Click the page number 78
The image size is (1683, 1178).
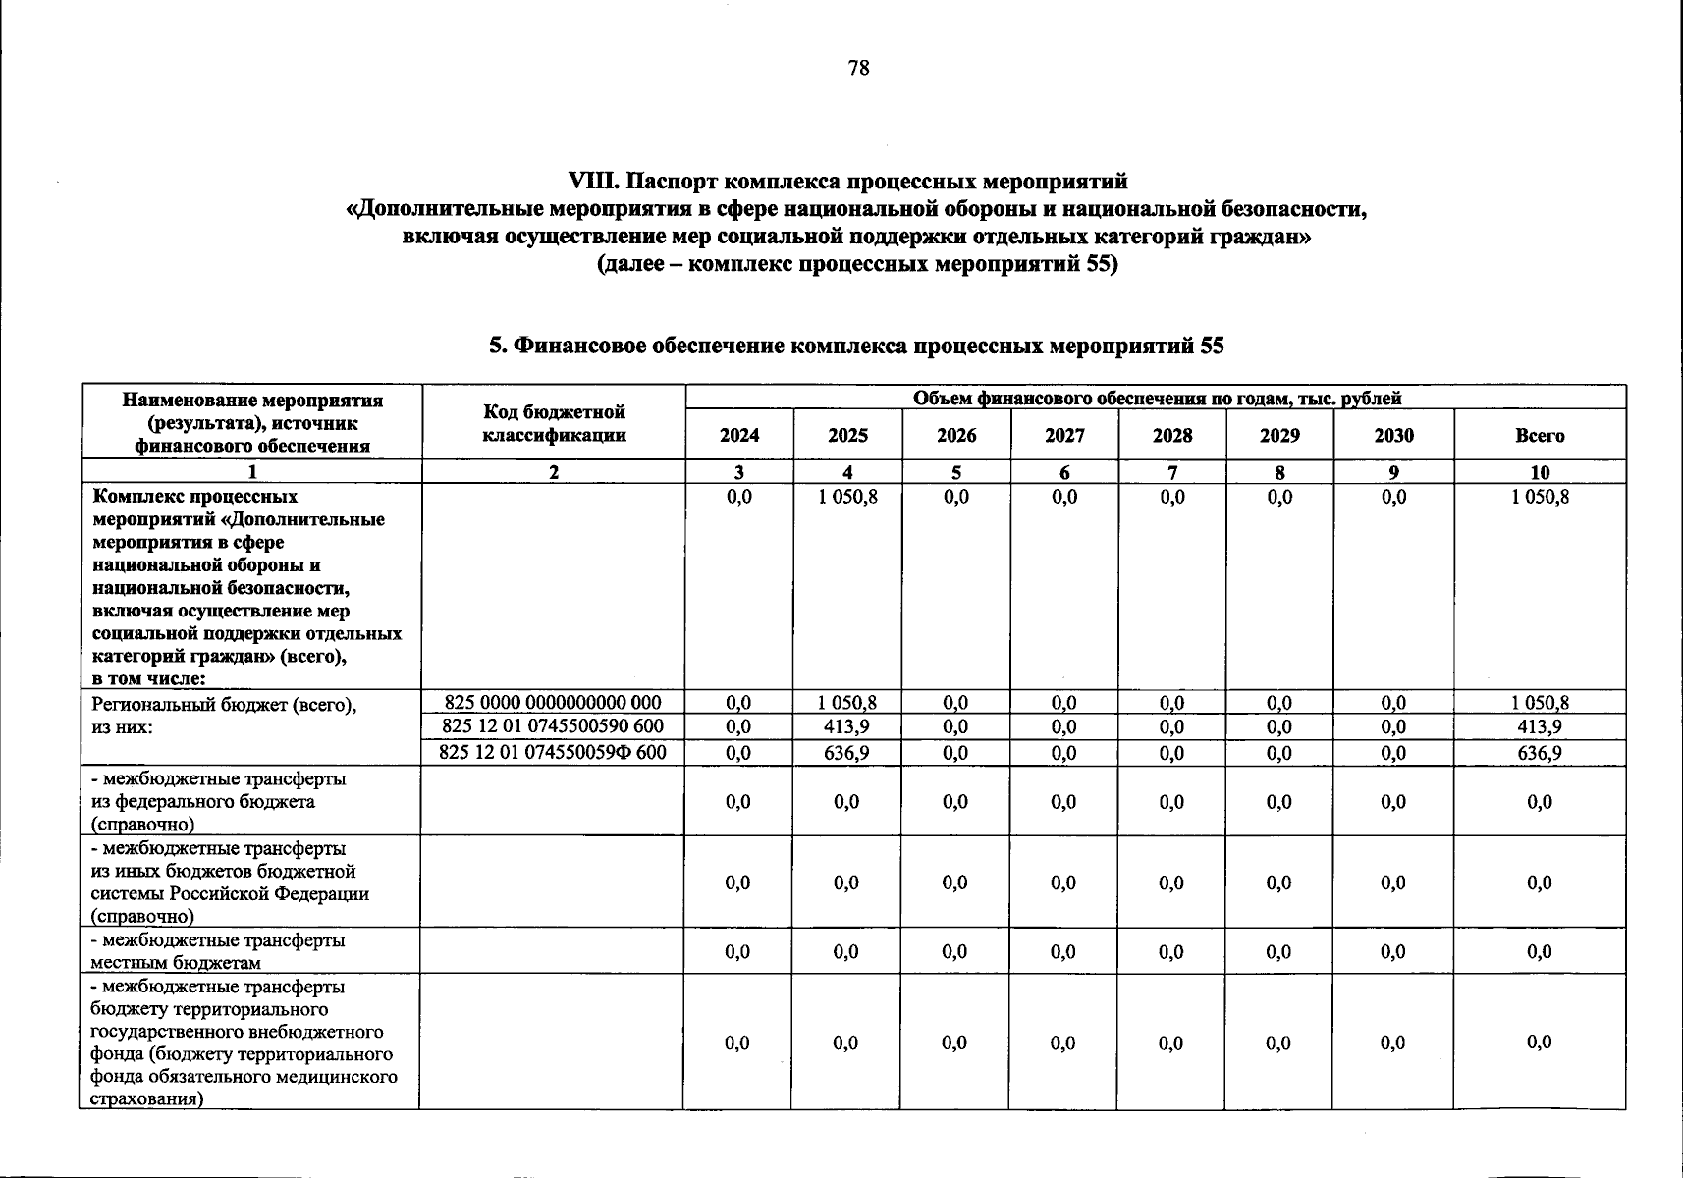click(x=857, y=68)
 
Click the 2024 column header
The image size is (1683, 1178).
click(x=738, y=435)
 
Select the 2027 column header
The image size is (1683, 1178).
click(x=1064, y=435)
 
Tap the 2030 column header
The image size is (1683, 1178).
click(x=1393, y=435)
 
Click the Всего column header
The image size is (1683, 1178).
click(x=1539, y=435)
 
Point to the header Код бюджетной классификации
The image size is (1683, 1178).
click(x=554, y=423)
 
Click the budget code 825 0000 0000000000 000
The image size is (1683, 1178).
click(x=553, y=703)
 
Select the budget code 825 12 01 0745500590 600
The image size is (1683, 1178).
click(x=553, y=726)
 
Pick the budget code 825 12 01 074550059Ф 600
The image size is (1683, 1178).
click(x=553, y=753)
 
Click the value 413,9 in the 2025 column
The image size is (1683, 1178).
click(x=846, y=727)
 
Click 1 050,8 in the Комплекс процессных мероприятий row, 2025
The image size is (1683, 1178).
click(x=846, y=498)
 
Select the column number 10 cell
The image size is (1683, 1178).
click(x=1539, y=472)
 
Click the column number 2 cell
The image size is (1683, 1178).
click(x=554, y=472)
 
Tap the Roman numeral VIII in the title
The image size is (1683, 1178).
click(x=594, y=182)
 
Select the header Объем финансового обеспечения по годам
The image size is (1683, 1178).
click(x=1156, y=398)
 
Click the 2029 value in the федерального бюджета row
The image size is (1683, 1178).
click(x=1278, y=802)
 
